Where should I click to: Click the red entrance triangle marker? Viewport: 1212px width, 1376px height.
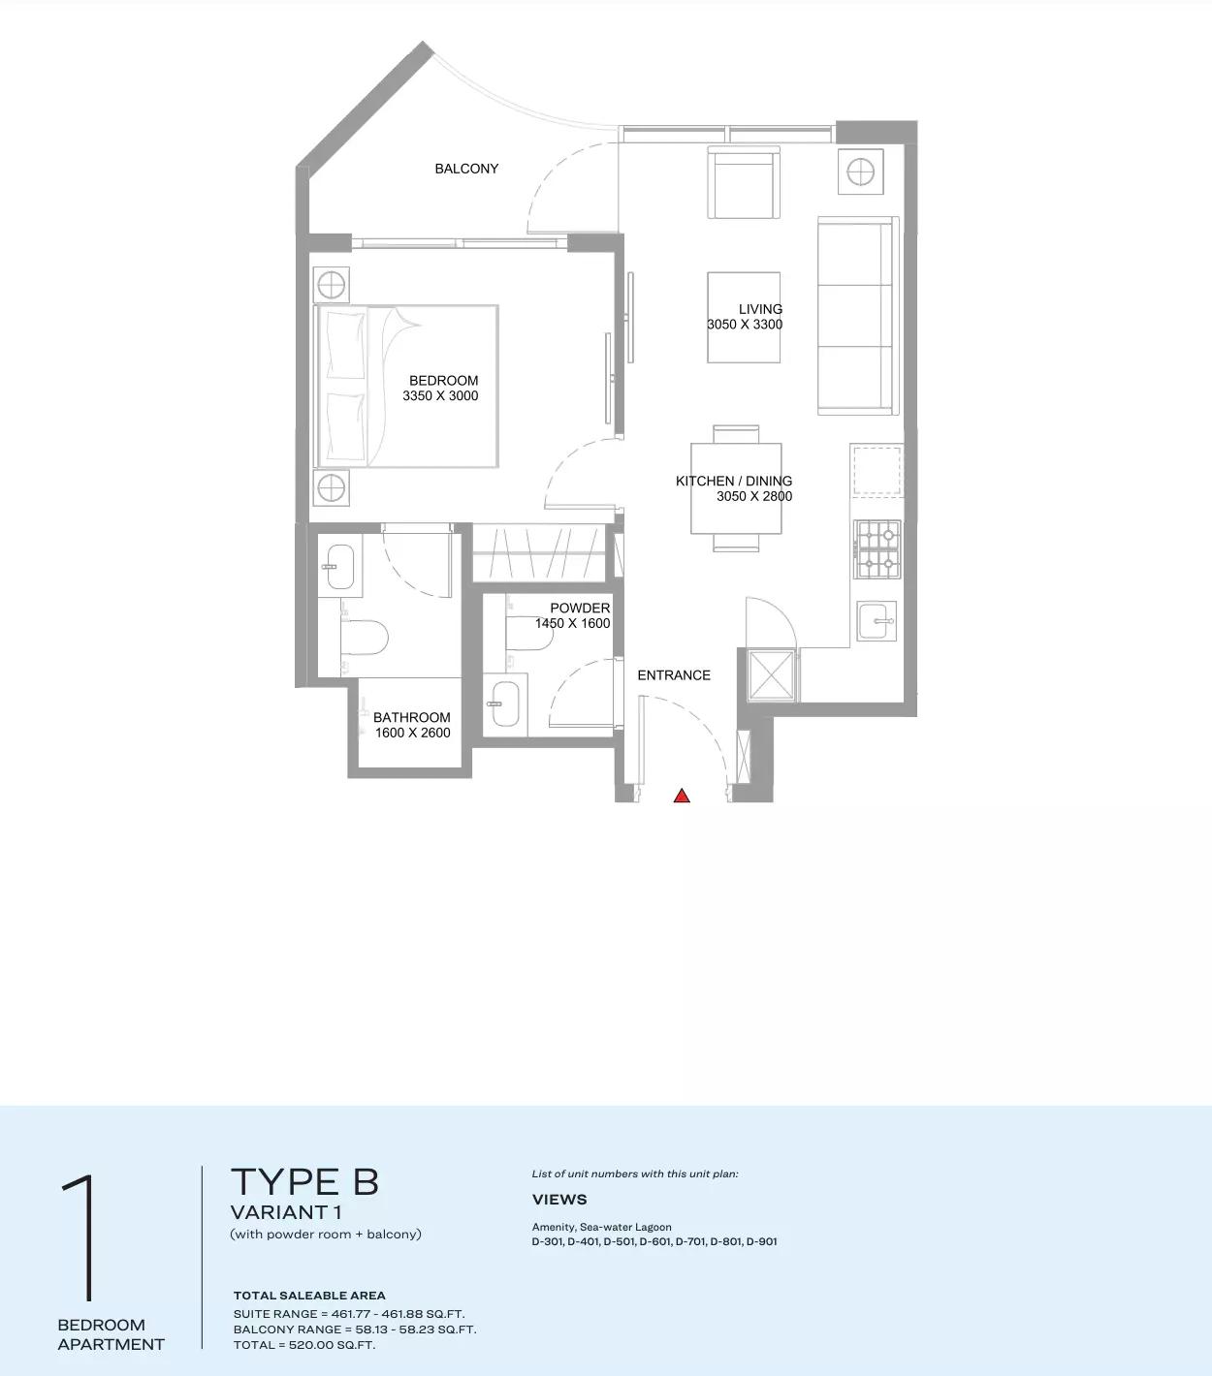682,796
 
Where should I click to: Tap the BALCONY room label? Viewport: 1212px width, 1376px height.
466,169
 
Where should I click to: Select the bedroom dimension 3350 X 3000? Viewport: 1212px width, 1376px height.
440,395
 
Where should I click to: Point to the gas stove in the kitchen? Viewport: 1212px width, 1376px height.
877,547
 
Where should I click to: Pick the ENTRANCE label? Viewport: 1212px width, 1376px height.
674,675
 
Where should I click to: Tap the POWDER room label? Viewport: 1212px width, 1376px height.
580,609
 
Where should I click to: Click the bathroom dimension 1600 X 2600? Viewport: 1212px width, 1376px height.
413,733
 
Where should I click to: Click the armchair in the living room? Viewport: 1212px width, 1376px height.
744,184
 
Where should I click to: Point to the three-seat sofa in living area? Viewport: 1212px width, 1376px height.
856,316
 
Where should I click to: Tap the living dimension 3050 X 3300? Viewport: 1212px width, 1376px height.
745,325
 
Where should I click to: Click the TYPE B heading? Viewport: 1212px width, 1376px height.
304,1182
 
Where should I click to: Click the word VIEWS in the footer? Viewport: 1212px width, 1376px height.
559,1200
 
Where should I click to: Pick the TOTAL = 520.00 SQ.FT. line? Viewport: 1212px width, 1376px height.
304,1345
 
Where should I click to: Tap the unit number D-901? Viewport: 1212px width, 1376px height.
761,1241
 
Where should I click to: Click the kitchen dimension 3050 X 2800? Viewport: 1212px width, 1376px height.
754,496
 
